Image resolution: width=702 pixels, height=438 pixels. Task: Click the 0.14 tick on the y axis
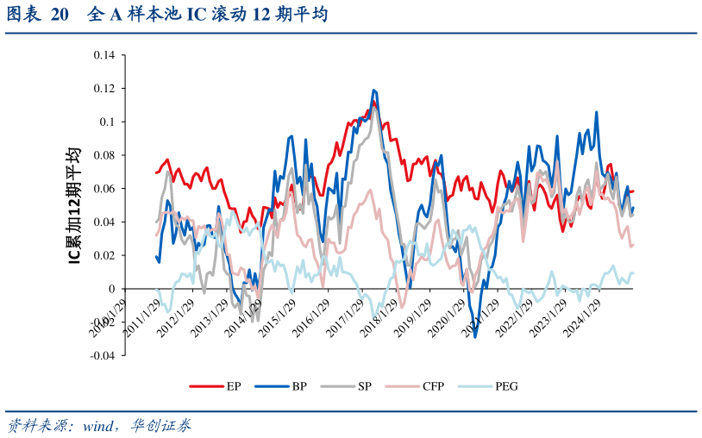pos(103,55)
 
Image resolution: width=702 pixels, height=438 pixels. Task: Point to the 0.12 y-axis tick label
pos(103,89)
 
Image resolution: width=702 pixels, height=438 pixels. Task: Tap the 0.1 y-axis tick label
pos(107,122)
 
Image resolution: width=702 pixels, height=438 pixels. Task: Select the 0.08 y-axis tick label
pos(103,155)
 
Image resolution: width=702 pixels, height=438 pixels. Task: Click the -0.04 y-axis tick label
pos(102,355)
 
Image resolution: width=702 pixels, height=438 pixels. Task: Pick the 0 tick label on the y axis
pos(111,289)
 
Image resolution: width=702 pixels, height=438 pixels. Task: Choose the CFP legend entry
pos(433,385)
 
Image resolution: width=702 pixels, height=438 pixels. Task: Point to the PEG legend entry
pos(506,385)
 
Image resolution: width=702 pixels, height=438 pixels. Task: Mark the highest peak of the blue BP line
pos(373,90)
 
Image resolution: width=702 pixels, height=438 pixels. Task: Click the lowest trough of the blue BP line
pos(475,336)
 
